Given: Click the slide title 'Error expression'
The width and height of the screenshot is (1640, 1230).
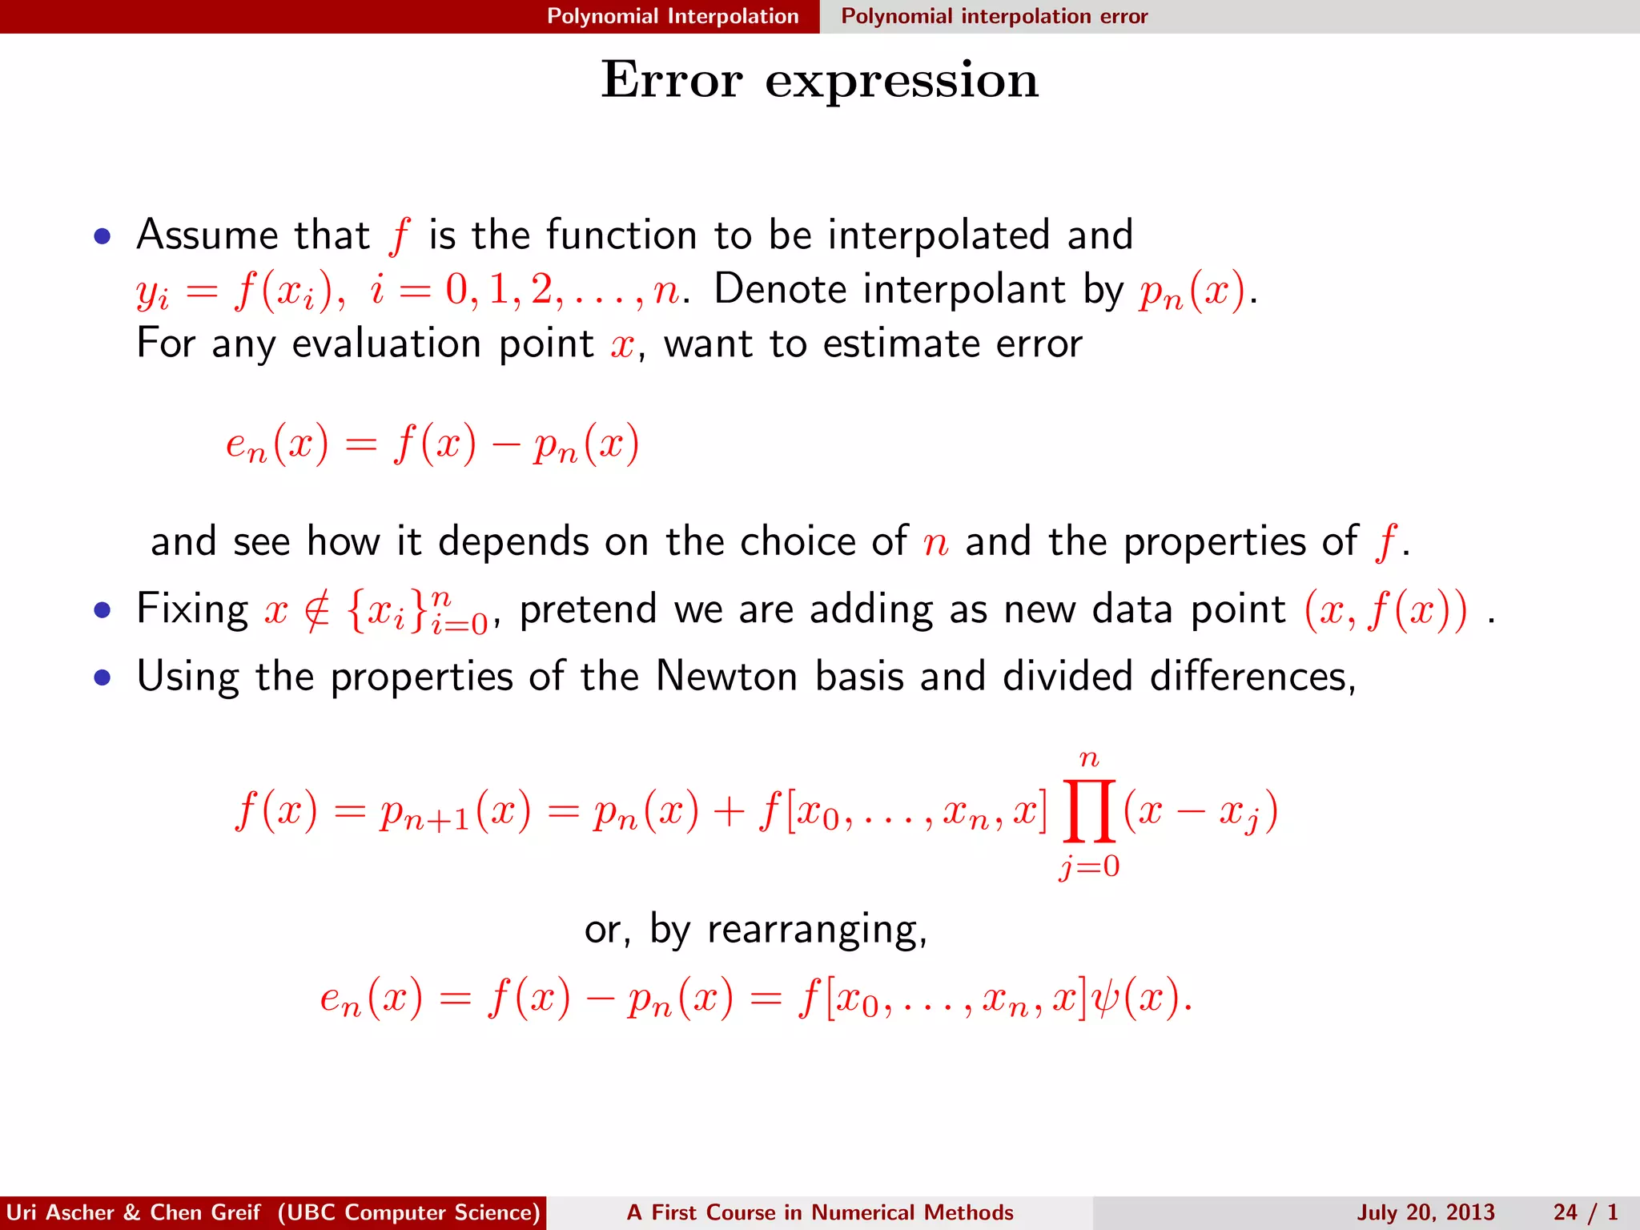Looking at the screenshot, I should (x=819, y=80).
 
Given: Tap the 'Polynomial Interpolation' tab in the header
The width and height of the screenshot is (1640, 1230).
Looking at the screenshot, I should (x=673, y=16).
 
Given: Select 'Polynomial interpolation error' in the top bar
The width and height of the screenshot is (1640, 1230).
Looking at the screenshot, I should (x=994, y=16).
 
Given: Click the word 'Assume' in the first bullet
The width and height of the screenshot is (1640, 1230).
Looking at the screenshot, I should (x=207, y=235).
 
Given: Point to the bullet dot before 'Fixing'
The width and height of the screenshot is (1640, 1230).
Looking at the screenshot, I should (x=102, y=610).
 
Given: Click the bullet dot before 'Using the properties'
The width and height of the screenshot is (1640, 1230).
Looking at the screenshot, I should (x=102, y=678).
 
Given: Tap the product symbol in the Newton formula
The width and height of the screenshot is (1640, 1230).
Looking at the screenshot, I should (x=1088, y=812).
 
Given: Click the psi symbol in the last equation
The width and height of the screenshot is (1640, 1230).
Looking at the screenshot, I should (x=1106, y=999).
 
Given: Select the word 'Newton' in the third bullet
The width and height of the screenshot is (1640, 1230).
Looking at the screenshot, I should (x=726, y=677).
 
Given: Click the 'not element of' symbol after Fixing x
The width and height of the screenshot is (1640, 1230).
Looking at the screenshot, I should (x=317, y=612).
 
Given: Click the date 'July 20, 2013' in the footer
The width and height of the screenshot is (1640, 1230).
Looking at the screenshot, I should (x=1425, y=1212).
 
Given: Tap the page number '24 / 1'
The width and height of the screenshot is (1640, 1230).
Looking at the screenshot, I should (x=1586, y=1212).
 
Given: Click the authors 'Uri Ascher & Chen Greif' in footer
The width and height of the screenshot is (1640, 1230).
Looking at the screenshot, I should (x=133, y=1212).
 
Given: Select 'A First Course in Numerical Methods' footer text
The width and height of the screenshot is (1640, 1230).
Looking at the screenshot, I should (x=820, y=1212).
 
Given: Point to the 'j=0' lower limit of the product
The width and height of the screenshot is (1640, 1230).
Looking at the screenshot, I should (x=1089, y=866).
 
